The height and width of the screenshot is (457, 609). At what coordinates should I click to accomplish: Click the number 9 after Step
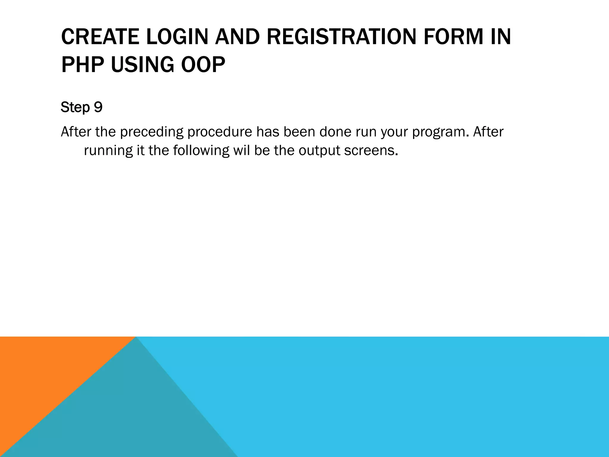pos(98,107)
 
